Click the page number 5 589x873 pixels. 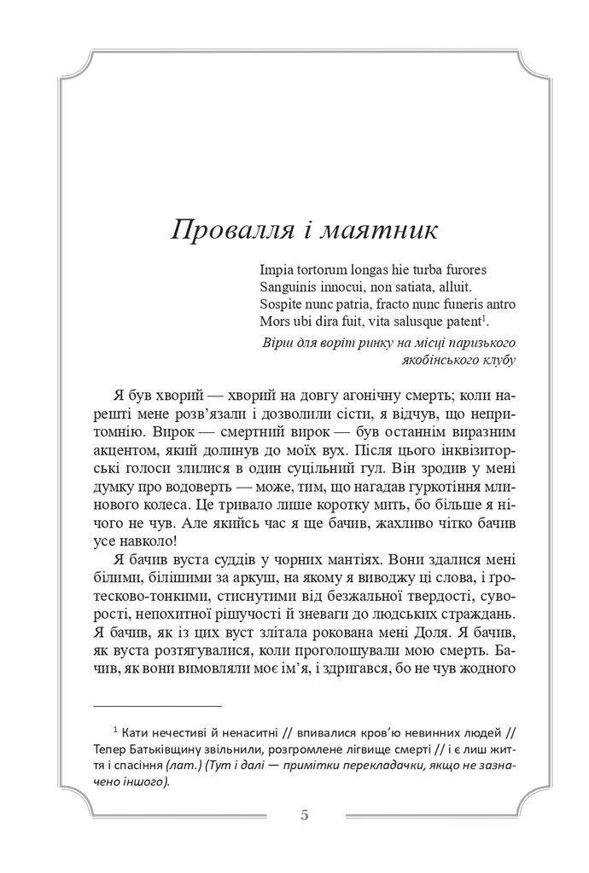coord(305,814)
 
